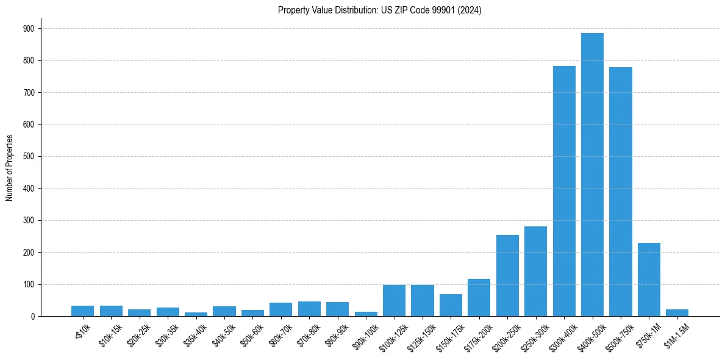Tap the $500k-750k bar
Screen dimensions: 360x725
621,192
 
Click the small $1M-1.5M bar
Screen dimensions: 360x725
677,313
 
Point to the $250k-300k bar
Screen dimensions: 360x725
535,272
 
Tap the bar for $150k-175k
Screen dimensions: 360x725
451,305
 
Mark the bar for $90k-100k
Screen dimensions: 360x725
366,314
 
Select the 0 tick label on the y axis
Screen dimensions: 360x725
34,317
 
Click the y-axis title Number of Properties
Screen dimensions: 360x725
9,168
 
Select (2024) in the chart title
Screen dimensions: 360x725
468,10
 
